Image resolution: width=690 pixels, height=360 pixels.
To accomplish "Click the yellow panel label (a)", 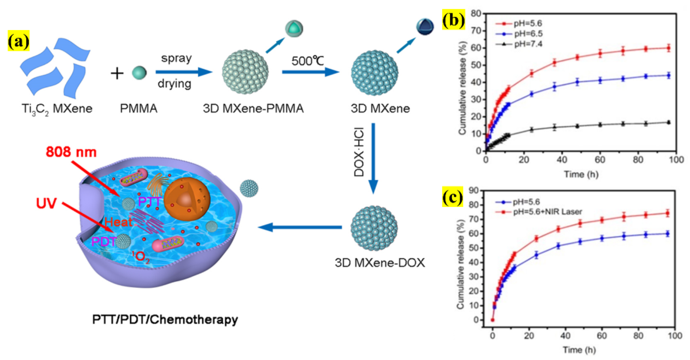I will click(18, 41).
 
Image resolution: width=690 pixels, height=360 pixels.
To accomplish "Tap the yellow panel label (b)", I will click(453, 20).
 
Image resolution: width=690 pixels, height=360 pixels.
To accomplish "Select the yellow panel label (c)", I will click(453, 198).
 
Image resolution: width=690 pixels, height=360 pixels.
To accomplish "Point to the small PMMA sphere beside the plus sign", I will click(139, 73).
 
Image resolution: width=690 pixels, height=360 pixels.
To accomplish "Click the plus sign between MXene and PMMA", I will click(117, 73).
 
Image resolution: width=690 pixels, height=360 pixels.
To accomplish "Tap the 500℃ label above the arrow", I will click(307, 61).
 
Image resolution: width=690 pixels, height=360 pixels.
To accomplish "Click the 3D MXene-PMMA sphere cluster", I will click(245, 72).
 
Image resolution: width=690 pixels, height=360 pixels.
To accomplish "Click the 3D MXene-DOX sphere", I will click(374, 228).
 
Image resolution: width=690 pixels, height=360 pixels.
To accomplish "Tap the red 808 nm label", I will click(71, 152).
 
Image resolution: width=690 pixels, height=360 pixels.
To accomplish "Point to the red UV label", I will click(46, 203).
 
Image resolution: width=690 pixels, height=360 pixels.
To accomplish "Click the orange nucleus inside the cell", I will click(187, 199).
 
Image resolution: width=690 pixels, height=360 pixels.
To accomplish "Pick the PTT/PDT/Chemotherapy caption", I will click(165, 320).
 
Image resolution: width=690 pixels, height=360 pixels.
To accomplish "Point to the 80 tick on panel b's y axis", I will click(476, 13).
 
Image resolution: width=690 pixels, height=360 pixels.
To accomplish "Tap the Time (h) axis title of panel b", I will click(581, 174).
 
